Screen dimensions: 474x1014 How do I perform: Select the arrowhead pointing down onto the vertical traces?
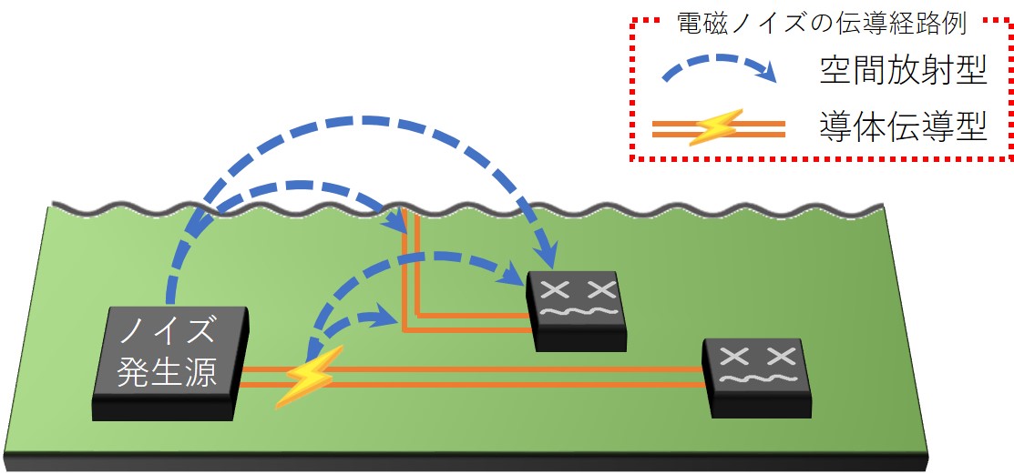399,219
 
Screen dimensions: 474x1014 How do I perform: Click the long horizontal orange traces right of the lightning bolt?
510,376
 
